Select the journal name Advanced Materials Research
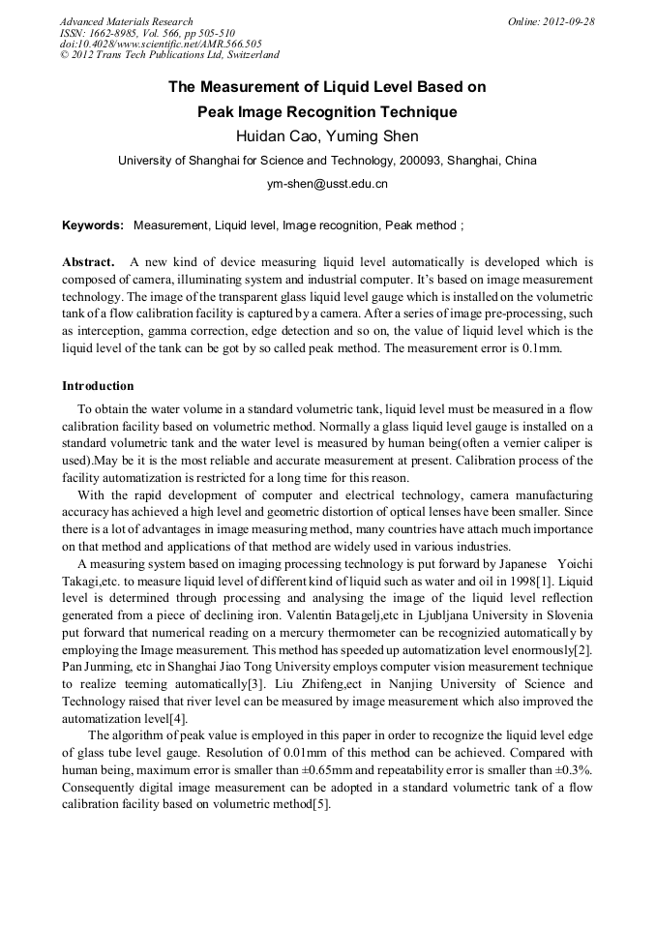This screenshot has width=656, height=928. pos(126,21)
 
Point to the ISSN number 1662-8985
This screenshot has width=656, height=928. pos(119,33)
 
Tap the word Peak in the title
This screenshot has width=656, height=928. pos(218,111)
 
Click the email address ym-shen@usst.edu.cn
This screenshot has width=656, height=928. pos(327,183)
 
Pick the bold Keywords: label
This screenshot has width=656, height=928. pos(93,225)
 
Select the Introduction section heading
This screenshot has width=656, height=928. pos(98,385)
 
